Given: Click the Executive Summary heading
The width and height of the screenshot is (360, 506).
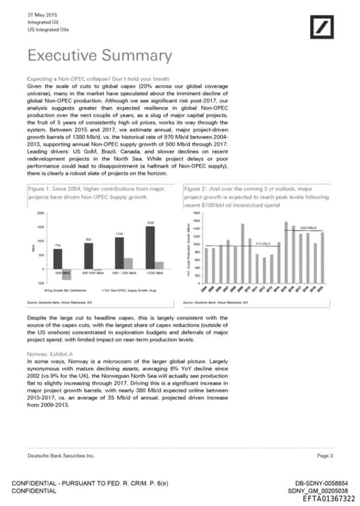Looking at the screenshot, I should click(x=98, y=56).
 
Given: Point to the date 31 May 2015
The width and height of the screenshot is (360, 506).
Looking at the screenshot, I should click(x=43, y=15).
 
